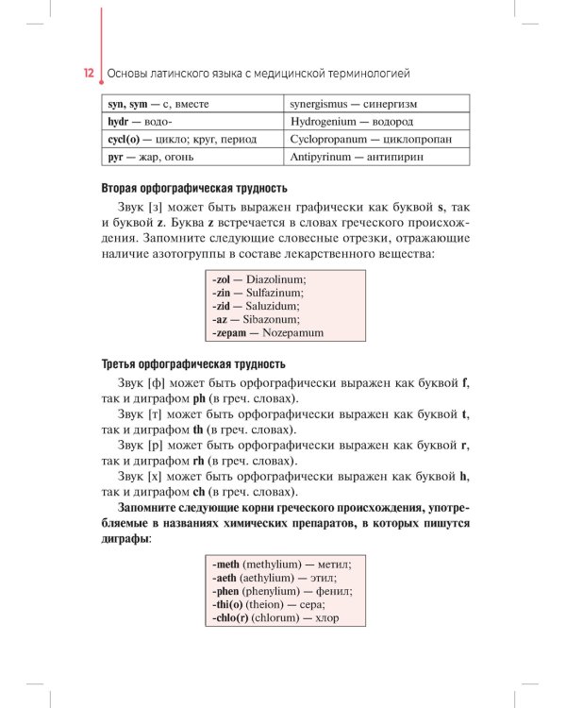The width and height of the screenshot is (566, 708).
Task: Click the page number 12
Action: point(88,73)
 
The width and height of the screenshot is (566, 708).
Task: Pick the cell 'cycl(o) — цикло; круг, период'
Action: point(182,139)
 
